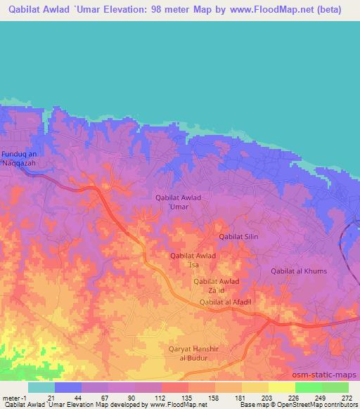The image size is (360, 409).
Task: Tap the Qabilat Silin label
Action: pos(238,237)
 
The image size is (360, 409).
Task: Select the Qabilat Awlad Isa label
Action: pos(193,261)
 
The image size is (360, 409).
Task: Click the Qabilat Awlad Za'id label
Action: pos(217,286)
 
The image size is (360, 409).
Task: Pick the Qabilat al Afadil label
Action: pos(226,302)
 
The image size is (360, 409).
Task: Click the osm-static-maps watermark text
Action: pos(328,375)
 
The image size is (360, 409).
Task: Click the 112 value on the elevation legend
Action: pos(161,398)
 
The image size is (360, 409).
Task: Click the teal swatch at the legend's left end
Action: pos(41,387)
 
